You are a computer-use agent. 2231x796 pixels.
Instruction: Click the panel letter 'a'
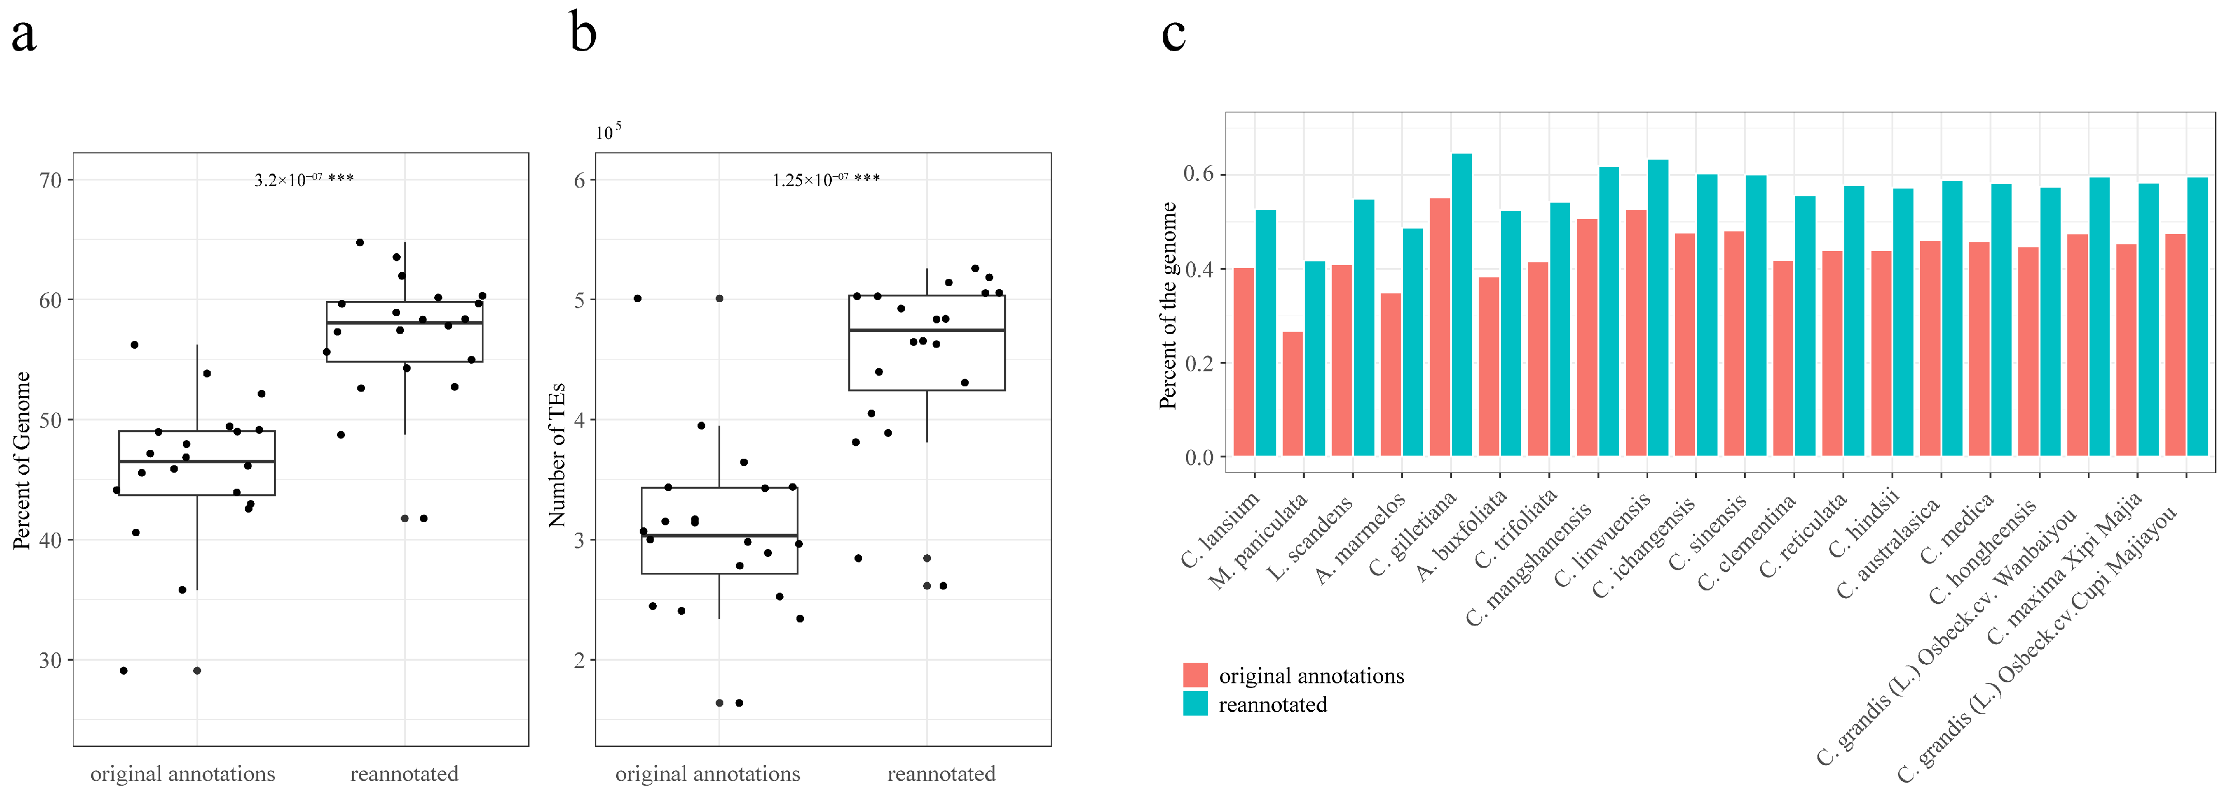click(x=23, y=36)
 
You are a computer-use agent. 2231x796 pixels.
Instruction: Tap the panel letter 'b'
click(x=583, y=35)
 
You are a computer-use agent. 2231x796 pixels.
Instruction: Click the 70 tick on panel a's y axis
click(x=50, y=180)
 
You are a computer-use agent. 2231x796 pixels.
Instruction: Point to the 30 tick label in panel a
click(x=50, y=660)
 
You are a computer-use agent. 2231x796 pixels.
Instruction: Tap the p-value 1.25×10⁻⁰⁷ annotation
click(x=826, y=179)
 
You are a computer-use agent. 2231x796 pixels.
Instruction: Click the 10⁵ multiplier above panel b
click(x=608, y=132)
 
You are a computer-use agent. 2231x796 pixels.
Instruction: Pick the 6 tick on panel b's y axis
click(x=579, y=180)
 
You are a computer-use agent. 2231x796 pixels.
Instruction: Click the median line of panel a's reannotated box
click(x=404, y=322)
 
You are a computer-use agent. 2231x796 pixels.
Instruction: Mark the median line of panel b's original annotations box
click(x=719, y=535)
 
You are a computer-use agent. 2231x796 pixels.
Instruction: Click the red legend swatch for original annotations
click(x=1195, y=675)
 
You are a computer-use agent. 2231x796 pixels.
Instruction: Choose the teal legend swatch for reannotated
click(x=1195, y=704)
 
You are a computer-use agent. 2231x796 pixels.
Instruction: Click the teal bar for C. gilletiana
click(x=1462, y=305)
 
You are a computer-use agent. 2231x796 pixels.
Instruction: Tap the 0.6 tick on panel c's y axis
click(x=1199, y=174)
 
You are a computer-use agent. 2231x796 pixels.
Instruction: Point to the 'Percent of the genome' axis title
click(x=1168, y=305)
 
